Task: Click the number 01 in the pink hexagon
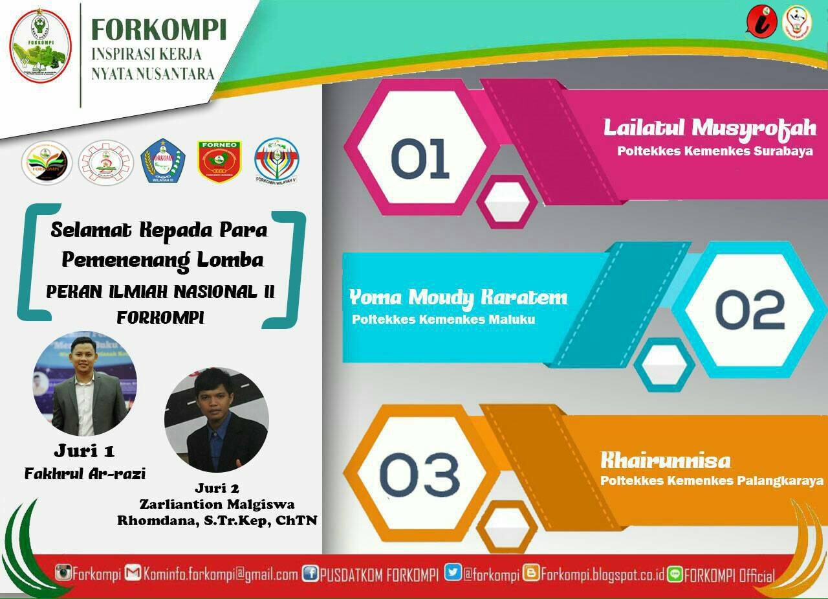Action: click(420, 158)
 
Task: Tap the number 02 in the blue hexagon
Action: click(750, 309)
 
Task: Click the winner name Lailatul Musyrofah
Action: click(710, 128)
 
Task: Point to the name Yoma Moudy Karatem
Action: click(458, 297)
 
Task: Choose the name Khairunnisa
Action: click(666, 461)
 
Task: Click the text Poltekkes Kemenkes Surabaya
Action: click(714, 152)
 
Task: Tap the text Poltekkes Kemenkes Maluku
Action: click(443, 319)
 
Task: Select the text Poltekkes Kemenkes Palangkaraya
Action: click(712, 480)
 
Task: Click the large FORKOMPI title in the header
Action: click(158, 30)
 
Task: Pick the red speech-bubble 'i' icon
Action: click(761, 21)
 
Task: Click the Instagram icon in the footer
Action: click(63, 573)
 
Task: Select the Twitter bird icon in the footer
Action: click(453, 573)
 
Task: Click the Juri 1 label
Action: click(84, 451)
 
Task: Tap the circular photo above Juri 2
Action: click(216, 420)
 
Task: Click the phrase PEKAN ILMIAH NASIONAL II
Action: click(160, 291)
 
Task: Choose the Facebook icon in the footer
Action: click(310, 574)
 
